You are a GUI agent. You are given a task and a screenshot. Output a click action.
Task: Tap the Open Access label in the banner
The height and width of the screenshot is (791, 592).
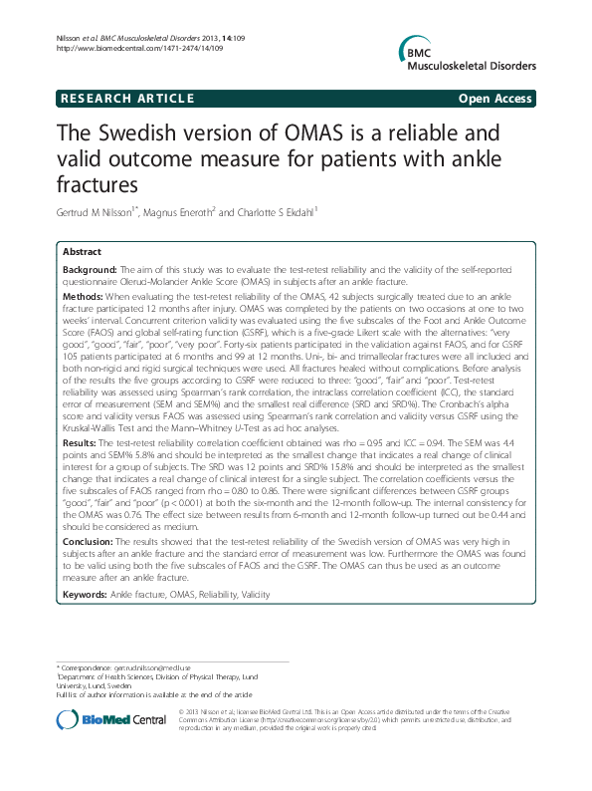click(x=495, y=99)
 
